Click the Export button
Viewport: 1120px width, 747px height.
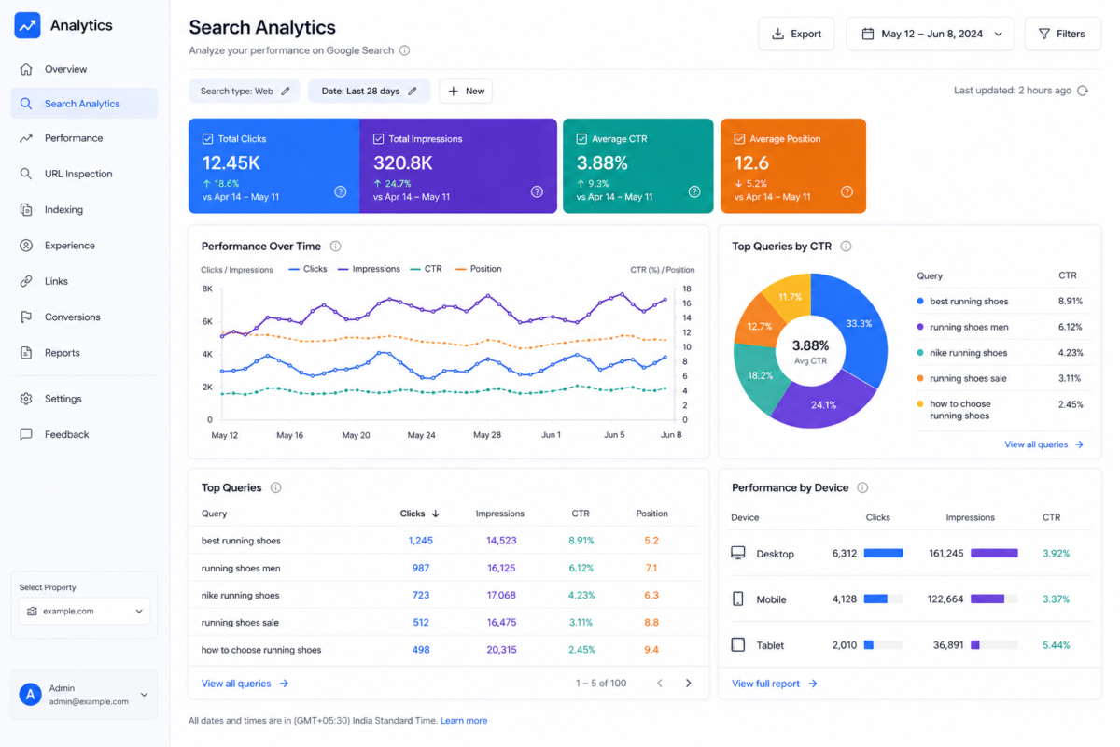pyautogui.click(x=796, y=34)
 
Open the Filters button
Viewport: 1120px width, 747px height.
pyautogui.click(x=1062, y=34)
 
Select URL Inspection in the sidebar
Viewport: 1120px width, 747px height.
pyautogui.click(x=78, y=174)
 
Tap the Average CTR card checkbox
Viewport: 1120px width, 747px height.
pyautogui.click(x=581, y=138)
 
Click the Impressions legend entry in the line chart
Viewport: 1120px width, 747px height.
pyautogui.click(x=369, y=269)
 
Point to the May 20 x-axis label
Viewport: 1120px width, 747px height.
pyautogui.click(x=356, y=435)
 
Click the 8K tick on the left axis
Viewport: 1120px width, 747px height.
pyautogui.click(x=207, y=289)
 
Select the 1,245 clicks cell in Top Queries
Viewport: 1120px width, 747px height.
pyautogui.click(x=421, y=541)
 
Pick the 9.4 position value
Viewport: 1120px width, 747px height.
pyautogui.click(x=651, y=650)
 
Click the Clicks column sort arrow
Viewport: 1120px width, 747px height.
pyautogui.click(x=436, y=514)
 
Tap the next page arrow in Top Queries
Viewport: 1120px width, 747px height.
pyautogui.click(x=689, y=683)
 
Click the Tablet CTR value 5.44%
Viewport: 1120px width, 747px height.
pyautogui.click(x=1056, y=645)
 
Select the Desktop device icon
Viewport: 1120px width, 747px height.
pyautogui.click(x=738, y=553)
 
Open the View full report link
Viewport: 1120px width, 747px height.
pyautogui.click(x=774, y=684)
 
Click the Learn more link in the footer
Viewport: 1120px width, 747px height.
pyautogui.click(x=464, y=721)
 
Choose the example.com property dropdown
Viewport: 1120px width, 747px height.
pyautogui.click(x=85, y=611)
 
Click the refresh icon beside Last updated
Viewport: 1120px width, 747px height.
pyautogui.click(x=1083, y=91)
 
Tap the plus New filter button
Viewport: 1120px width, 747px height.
pyautogui.click(x=466, y=92)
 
